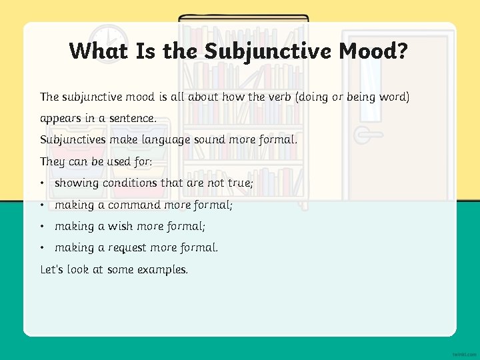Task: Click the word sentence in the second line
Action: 132,119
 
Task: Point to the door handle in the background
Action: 363,134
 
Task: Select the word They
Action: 52,161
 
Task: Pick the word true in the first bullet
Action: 240,183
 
